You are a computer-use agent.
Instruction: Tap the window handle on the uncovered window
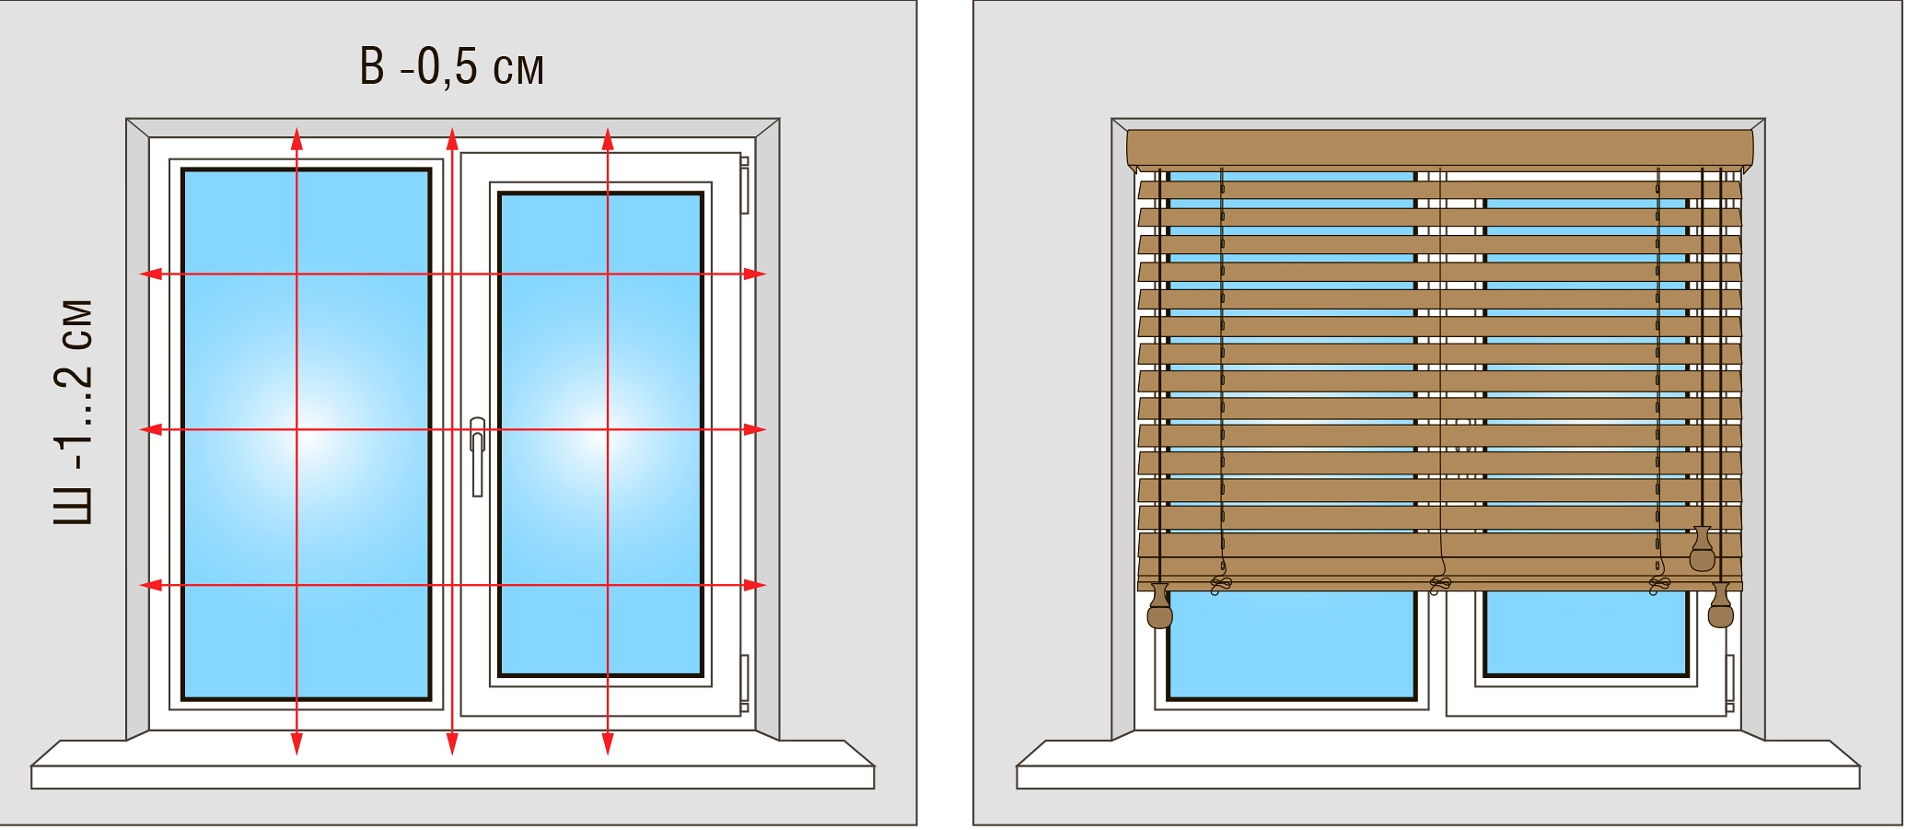pos(477,457)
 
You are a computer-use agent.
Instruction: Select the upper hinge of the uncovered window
pos(744,185)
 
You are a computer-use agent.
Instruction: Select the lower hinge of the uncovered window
pos(744,683)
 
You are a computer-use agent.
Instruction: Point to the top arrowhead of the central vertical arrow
pos(452,139)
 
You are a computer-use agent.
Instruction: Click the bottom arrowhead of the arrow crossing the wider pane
pos(297,744)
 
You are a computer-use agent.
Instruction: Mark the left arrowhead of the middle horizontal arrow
pos(151,429)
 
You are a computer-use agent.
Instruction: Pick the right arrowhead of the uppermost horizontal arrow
pos(755,274)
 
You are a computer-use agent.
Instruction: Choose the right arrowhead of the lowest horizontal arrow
pos(755,585)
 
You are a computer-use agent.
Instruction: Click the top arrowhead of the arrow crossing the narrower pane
pos(608,139)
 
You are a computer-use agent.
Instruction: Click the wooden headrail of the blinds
pos(1440,148)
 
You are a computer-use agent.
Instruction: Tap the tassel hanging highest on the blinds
pos(1703,550)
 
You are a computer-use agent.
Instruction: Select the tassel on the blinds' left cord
pos(1160,607)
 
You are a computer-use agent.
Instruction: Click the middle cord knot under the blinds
pos(1440,584)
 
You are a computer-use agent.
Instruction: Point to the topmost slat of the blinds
pos(1440,190)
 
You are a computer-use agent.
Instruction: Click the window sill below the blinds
pos(1438,766)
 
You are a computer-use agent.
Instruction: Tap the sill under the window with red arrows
pos(452,766)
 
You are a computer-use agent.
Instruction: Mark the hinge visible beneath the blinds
pos(1730,683)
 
